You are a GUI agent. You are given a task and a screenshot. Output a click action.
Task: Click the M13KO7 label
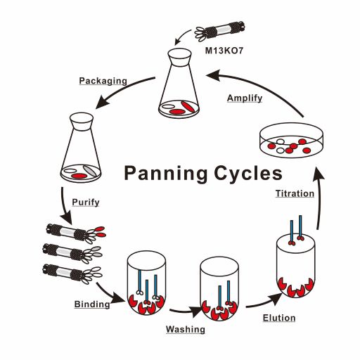pyautogui.click(x=224, y=51)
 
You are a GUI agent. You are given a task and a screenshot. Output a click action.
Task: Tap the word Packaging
pyautogui.click(x=103, y=81)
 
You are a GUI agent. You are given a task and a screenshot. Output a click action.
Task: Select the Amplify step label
pyautogui.click(x=245, y=98)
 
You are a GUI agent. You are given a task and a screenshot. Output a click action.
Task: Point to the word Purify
pyautogui.click(x=86, y=202)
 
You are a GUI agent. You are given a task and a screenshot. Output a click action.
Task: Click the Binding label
pyautogui.click(x=92, y=304)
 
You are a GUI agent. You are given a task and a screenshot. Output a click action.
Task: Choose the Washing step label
pyautogui.click(x=186, y=329)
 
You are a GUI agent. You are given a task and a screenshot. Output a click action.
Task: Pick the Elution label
pyautogui.click(x=279, y=318)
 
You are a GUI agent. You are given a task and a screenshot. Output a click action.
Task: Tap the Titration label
pyautogui.click(x=295, y=193)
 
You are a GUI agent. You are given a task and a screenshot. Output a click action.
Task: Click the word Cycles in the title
pyautogui.click(x=248, y=174)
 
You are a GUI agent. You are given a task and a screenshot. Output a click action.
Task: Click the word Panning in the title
pyautogui.click(x=166, y=174)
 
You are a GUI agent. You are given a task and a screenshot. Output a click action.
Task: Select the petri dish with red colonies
pyautogui.click(x=292, y=140)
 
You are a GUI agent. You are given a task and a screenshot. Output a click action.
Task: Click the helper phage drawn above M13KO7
pyautogui.click(x=220, y=31)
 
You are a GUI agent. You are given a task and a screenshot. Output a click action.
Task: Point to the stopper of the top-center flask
pyautogui.click(x=180, y=56)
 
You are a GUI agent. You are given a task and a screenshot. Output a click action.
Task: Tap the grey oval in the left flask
pyautogui.click(x=90, y=171)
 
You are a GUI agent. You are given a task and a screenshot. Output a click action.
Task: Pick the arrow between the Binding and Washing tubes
pyautogui.click(x=185, y=311)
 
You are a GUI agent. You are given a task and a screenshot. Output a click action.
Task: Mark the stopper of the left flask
pyautogui.click(x=82, y=121)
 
